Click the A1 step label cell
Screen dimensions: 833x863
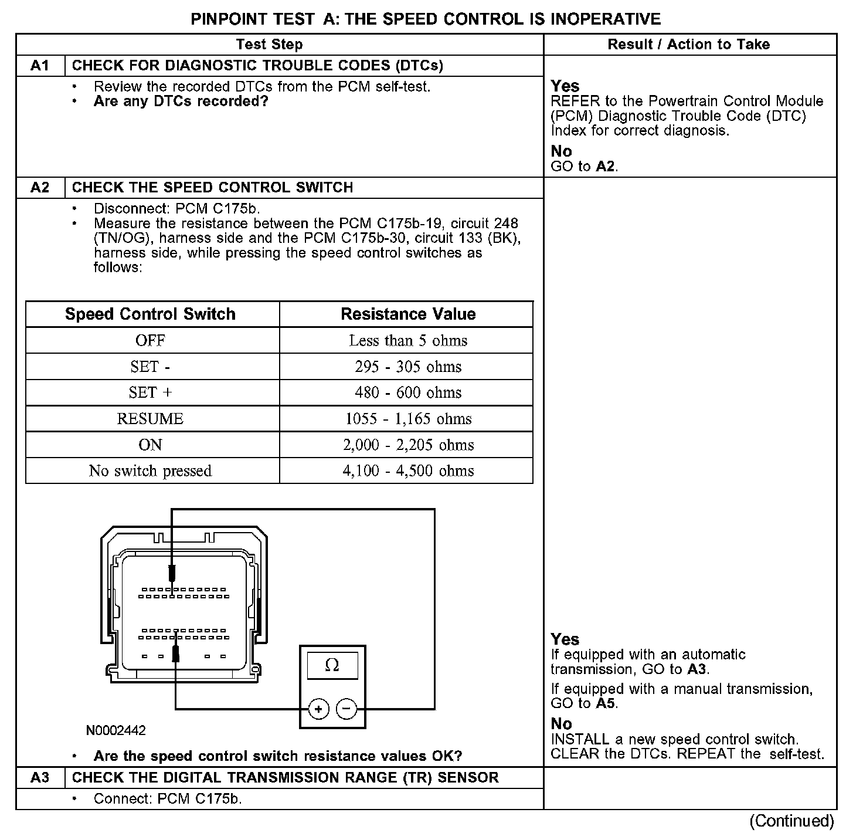40,66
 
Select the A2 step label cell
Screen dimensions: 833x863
40,188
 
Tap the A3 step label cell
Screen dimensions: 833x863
40,778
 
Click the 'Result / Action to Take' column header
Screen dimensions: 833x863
689,45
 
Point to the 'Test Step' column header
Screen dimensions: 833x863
269,45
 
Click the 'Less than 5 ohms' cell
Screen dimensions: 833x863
408,341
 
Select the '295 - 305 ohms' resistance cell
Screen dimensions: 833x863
408,367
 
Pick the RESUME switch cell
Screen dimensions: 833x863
150,419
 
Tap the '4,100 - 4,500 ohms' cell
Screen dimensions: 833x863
408,471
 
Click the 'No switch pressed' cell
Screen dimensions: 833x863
150,471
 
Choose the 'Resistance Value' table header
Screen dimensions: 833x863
408,314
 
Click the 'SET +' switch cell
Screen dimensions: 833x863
150,392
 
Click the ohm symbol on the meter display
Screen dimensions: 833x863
332,665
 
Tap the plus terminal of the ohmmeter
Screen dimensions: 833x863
318,710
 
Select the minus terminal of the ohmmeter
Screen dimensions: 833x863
346,710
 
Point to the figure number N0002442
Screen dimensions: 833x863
116,731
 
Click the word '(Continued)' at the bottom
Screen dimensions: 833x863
791,821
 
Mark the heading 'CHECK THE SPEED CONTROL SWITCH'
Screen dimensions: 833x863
212,188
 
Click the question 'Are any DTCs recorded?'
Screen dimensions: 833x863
181,101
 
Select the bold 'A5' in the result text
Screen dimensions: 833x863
605,703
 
